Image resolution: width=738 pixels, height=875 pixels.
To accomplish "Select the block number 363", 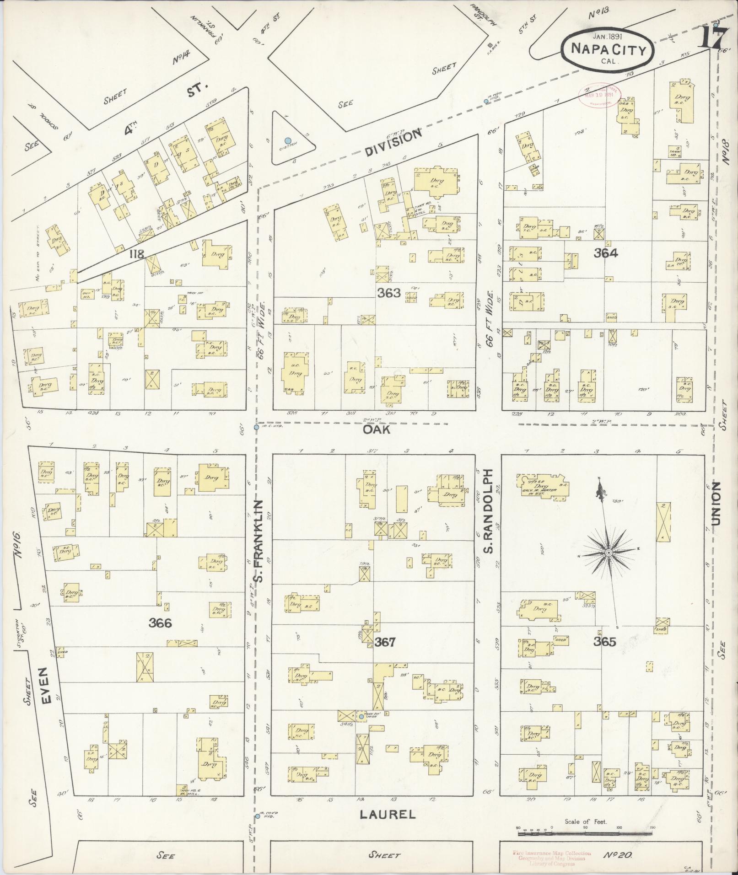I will point(389,293).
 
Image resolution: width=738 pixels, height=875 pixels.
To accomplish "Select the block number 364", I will point(606,253).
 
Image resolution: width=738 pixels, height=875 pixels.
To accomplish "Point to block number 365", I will point(605,642).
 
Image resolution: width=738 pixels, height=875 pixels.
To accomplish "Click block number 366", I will point(160,623).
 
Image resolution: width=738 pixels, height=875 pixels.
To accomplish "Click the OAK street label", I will point(376,429).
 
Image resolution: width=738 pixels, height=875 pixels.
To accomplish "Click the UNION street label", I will point(716,503).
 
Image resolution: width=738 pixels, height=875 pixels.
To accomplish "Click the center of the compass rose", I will point(609,553).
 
